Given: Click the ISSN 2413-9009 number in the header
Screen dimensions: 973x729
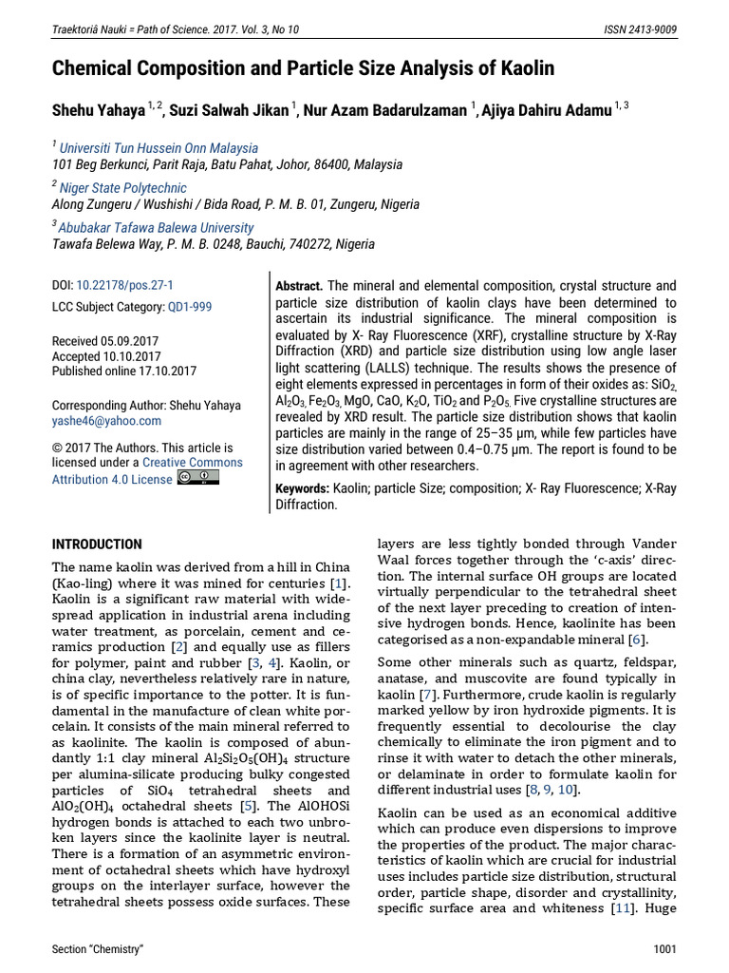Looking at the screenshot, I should point(641,29).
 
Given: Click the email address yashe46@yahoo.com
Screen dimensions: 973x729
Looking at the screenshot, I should point(106,421).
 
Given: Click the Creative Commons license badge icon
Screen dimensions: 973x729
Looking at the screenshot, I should point(198,477).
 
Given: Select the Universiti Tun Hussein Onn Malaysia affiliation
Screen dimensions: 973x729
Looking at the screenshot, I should point(159,148).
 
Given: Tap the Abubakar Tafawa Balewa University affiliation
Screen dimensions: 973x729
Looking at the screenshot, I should point(156,228).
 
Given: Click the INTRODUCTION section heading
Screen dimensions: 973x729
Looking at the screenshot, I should point(97,544).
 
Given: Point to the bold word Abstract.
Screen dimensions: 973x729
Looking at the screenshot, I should point(299,286).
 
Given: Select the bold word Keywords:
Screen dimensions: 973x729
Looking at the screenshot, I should point(302,488).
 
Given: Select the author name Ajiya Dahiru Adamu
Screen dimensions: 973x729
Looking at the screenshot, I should point(548,110).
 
